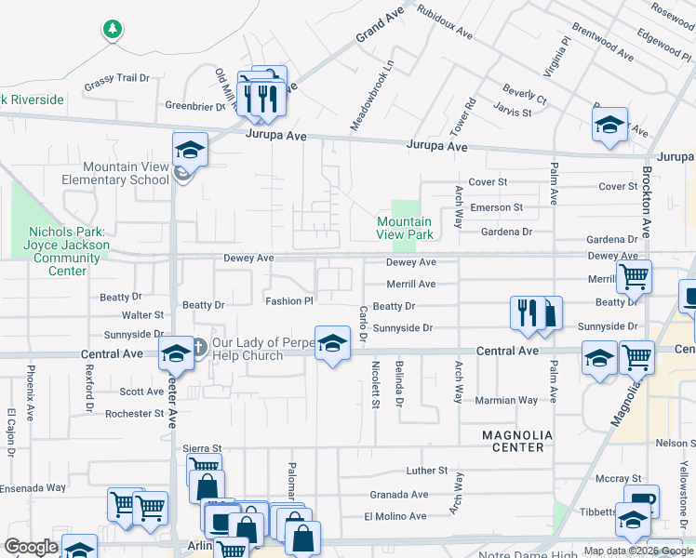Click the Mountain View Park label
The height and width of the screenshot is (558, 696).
[404, 228]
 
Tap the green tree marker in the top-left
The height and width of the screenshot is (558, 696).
[113, 30]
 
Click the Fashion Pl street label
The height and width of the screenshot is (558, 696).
[289, 300]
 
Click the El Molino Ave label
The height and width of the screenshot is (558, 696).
[395, 516]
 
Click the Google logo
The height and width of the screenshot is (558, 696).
[31, 548]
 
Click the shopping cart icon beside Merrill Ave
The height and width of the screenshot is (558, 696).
[634, 275]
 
